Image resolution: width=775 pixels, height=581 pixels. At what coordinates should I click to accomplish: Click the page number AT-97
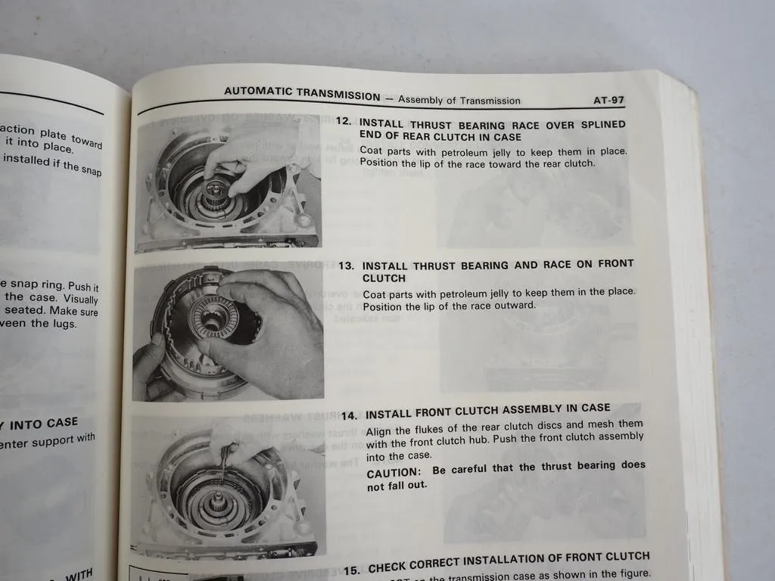[x=608, y=100]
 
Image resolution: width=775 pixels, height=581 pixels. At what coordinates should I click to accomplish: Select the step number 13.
[x=347, y=266]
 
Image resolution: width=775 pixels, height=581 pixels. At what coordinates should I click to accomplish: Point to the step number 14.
[x=349, y=415]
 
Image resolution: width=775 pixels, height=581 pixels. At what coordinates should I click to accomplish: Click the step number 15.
[x=352, y=569]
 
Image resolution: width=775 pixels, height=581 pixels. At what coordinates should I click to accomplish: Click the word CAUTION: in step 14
[x=393, y=471]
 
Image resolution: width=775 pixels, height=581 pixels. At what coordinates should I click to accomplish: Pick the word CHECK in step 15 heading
[x=391, y=566]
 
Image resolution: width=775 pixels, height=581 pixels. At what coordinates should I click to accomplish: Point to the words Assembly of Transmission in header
[x=459, y=100]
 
